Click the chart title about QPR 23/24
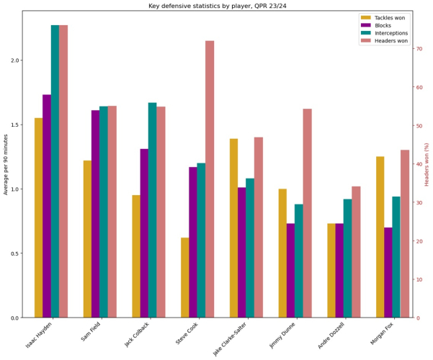tap(216, 6)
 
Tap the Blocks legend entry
tap(383, 25)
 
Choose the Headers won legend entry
tap(390, 41)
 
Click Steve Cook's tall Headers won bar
tap(210, 180)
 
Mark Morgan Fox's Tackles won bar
tap(380, 237)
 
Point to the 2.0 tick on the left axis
tap(14, 60)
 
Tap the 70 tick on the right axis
tap(419, 49)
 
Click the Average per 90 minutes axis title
tap(6, 164)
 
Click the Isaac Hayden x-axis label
tap(38, 337)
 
